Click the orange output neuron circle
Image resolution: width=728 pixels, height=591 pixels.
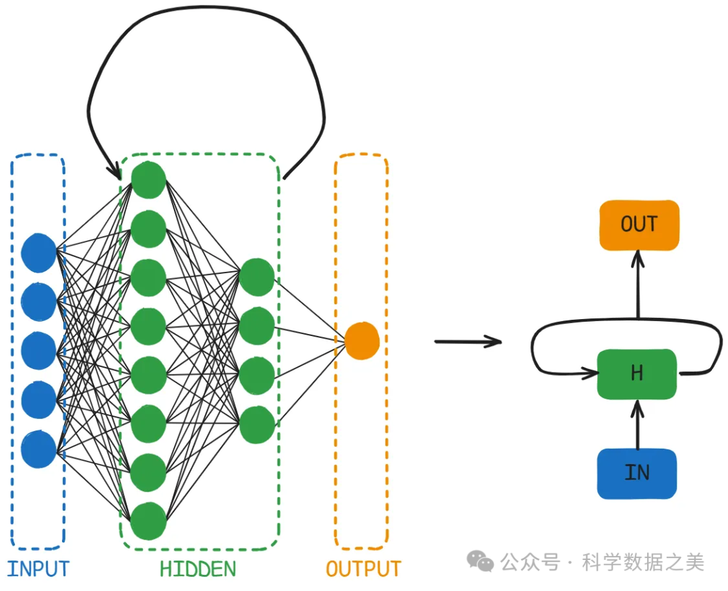click(362, 341)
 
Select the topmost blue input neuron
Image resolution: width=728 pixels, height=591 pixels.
click(38, 252)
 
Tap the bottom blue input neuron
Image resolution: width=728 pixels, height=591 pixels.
click(38, 449)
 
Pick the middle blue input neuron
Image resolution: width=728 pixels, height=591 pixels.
click(38, 351)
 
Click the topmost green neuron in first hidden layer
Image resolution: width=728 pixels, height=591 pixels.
click(148, 180)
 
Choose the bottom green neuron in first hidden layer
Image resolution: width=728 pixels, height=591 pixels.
click(148, 522)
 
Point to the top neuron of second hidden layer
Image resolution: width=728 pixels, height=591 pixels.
click(257, 277)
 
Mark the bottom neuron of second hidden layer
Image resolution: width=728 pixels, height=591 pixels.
click(257, 424)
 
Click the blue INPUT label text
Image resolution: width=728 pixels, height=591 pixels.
click(38, 569)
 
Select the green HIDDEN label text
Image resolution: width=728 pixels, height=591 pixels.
click(198, 569)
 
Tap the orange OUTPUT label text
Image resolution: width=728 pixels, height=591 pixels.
click(363, 569)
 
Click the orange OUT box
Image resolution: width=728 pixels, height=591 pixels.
click(638, 225)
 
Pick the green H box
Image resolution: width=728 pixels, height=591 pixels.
click(637, 373)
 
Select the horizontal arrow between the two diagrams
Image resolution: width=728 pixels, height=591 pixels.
click(468, 341)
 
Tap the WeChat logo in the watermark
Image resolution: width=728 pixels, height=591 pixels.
click(481, 561)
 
